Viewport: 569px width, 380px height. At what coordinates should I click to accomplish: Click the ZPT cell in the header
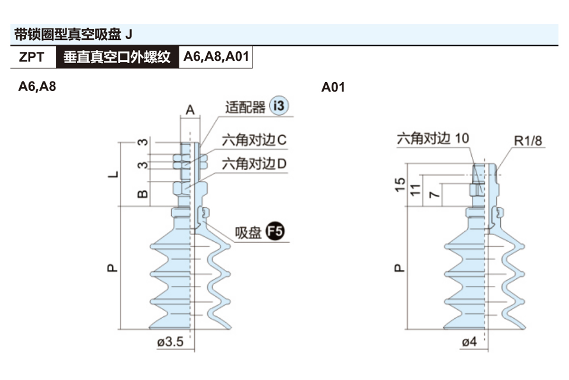(32, 57)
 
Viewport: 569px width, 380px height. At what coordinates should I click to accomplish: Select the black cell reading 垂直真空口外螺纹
(117, 57)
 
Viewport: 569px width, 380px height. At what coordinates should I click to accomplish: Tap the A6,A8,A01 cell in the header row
(216, 57)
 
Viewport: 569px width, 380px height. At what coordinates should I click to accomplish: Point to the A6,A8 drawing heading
(37, 86)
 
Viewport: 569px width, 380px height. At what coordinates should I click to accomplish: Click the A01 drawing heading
(333, 87)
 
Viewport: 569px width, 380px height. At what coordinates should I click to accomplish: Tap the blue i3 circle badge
(279, 105)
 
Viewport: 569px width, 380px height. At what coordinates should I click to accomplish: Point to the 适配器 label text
(245, 107)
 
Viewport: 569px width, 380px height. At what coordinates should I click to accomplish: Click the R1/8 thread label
(527, 141)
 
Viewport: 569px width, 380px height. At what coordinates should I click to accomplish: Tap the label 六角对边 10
(433, 138)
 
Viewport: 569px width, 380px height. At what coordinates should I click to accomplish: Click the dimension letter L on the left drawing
(112, 174)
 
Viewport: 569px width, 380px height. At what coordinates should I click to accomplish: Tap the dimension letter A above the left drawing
(190, 110)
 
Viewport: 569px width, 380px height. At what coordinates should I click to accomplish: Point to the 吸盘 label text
(248, 233)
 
